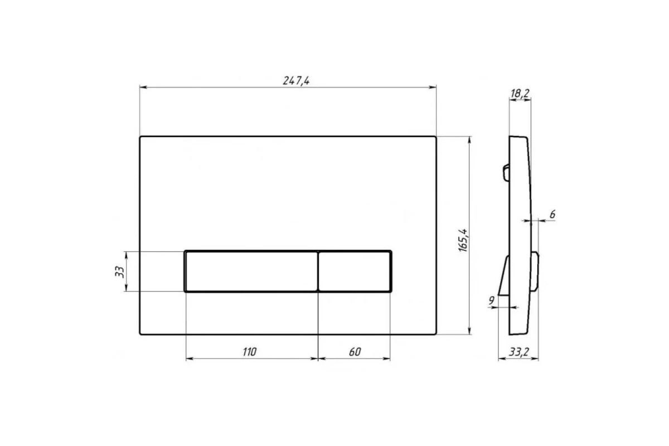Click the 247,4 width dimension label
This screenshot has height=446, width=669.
pos(296,81)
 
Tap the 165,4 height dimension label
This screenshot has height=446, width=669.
pos(463,240)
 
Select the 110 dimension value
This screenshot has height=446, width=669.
pos(249,352)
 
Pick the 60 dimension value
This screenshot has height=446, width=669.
pos(355,352)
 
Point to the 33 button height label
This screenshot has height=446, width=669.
pos(119,272)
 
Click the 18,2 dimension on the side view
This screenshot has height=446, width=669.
pos(520,94)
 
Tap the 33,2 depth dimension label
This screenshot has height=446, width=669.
pos(519,352)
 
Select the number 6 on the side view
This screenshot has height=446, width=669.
pos(552,214)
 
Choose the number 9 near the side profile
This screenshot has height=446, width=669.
pos(491,300)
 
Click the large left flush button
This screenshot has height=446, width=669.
pos(251,272)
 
